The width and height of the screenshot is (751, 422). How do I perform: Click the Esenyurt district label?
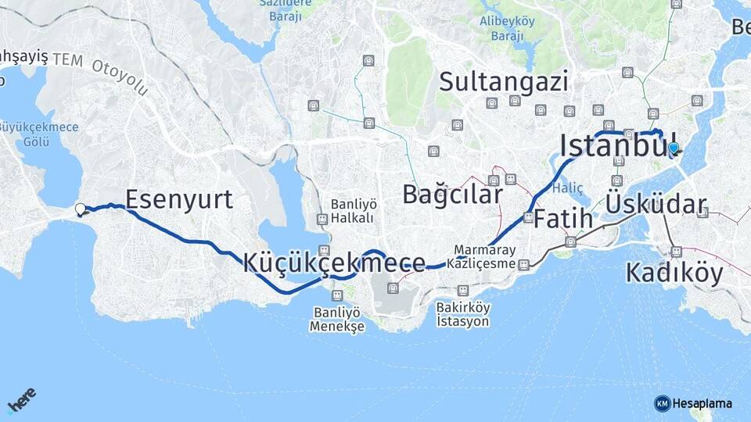pos(179,200)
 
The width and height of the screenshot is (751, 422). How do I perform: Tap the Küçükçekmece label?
pos(334,263)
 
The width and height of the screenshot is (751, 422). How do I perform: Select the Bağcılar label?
pos(452,195)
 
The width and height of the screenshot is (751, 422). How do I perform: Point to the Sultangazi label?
pos(503,81)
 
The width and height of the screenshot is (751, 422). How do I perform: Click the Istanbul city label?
pos(618,145)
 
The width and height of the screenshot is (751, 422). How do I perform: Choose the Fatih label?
pos(563,219)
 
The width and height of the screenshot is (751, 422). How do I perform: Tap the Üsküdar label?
pos(656,206)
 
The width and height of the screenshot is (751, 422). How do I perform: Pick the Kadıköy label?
pos(674,273)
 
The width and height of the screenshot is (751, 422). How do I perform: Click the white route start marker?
pos(81,209)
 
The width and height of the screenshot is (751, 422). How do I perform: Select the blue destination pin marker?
pos(673,148)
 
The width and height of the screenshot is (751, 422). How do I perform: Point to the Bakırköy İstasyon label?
pos(463,314)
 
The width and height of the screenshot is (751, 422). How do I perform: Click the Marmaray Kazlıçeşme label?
pos(484,257)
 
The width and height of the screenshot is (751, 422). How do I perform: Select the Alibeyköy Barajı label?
pos(507,29)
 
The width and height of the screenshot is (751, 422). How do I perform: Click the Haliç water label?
pos(567,188)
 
